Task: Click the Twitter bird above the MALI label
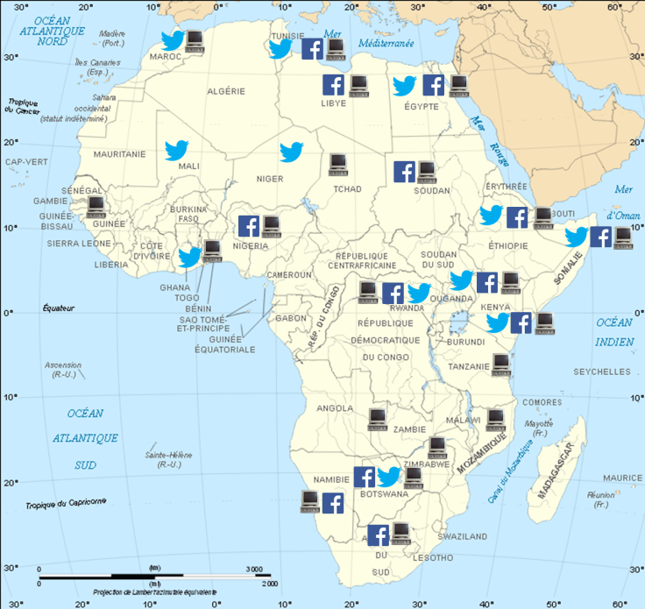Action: pyautogui.click(x=177, y=150)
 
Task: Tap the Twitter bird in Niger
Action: pyautogui.click(x=291, y=152)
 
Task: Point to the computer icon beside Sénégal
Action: pyautogui.click(x=96, y=207)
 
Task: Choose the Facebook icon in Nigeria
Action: pyautogui.click(x=249, y=225)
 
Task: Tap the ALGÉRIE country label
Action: pyautogui.click(x=225, y=91)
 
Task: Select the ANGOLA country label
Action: pyautogui.click(x=336, y=408)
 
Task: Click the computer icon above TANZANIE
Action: pyautogui.click(x=501, y=361)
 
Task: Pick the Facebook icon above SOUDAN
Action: pyautogui.click(x=404, y=172)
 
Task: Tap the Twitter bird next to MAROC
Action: pyautogui.click(x=172, y=40)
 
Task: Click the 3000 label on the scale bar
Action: pyautogui.click(x=253, y=570)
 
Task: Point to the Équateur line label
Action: pyautogui.click(x=60, y=308)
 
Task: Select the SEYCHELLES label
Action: pyautogui.click(x=601, y=372)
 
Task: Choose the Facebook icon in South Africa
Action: pyautogui.click(x=379, y=535)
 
